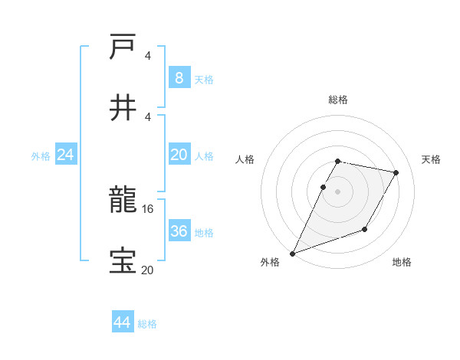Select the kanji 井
point(123,106)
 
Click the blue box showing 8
point(179,77)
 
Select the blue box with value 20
point(179,155)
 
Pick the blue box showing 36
point(179,231)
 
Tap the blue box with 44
point(123,322)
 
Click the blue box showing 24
point(66,155)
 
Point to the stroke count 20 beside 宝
point(148,269)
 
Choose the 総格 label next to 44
point(147,324)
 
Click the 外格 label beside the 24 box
point(41,156)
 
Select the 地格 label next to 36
point(204,233)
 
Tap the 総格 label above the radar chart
point(338,100)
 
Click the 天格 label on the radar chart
point(432,159)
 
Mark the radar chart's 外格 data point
point(292,254)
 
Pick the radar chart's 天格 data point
point(396,173)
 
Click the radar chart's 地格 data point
point(365,229)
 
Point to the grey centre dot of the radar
point(338,191)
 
